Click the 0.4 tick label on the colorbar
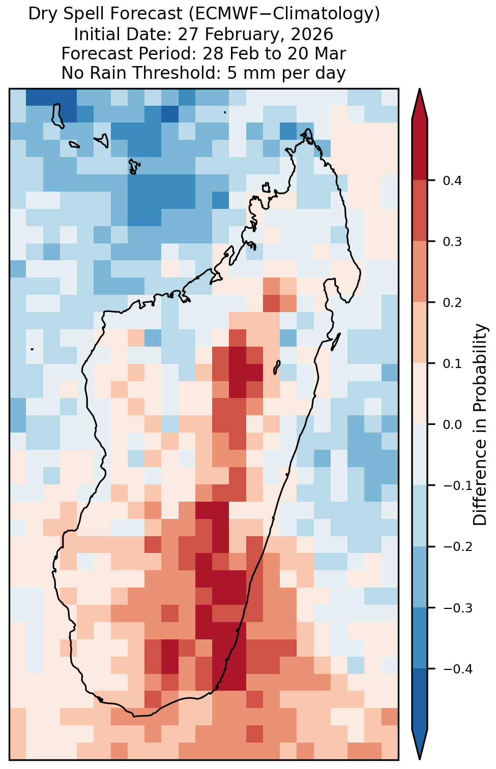coord(452,180)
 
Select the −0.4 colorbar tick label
coord(457,669)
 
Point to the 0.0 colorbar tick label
coord(452,425)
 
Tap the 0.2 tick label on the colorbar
coord(452,303)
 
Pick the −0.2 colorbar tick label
coord(457,547)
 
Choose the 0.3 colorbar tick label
coord(452,242)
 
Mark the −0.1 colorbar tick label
coord(457,486)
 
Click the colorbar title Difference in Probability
coord(480,425)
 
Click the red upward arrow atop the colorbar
coord(419,104)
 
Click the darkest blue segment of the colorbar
coord(419,699)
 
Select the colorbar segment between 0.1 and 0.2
coord(419,333)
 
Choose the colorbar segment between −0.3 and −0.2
coord(419,577)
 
